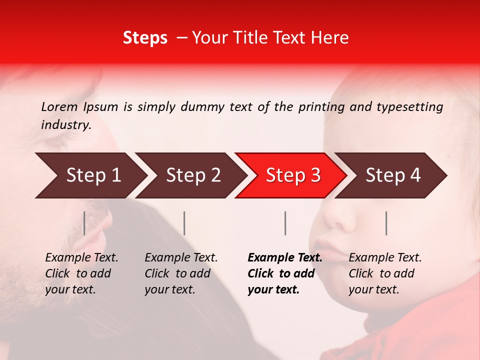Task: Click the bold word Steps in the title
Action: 145,38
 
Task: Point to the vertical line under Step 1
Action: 84,223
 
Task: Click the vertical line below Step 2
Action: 184,223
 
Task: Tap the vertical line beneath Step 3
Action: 285,223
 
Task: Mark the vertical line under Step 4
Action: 386,223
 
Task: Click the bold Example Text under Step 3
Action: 285,258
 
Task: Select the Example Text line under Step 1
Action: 81,258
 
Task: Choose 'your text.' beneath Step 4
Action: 373,290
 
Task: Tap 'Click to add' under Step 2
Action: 177,274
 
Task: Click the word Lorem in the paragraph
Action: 59,107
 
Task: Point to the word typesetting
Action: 409,107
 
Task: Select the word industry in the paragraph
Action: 65,125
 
